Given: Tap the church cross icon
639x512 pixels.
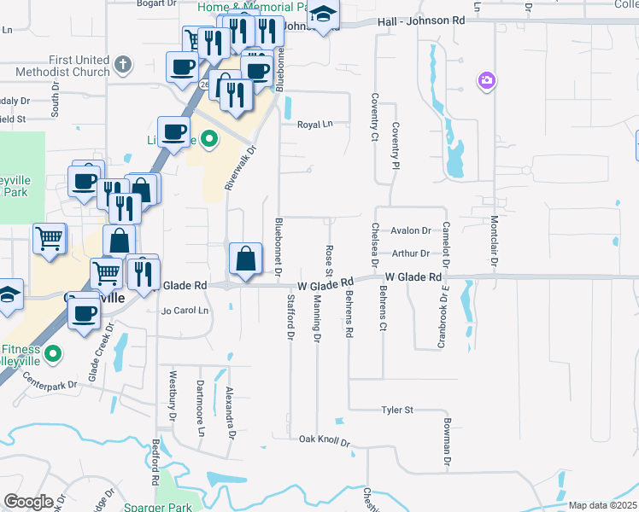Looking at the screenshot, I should [x=123, y=64].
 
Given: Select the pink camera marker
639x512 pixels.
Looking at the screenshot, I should [x=486, y=81].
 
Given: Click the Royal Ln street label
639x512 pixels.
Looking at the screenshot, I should [x=314, y=125].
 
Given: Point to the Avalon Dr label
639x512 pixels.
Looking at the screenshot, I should [x=411, y=231].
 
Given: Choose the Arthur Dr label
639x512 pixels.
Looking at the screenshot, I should [x=411, y=253].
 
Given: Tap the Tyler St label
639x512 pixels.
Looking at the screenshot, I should [x=397, y=410].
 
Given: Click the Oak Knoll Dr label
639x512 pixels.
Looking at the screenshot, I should [x=325, y=440].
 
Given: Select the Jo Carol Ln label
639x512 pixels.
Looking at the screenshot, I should [x=185, y=311].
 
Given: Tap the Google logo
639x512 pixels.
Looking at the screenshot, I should [x=27, y=502].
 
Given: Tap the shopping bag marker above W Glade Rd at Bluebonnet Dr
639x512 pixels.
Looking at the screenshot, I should [x=246, y=258].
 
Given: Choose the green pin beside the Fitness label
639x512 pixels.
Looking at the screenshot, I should [x=53, y=352].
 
